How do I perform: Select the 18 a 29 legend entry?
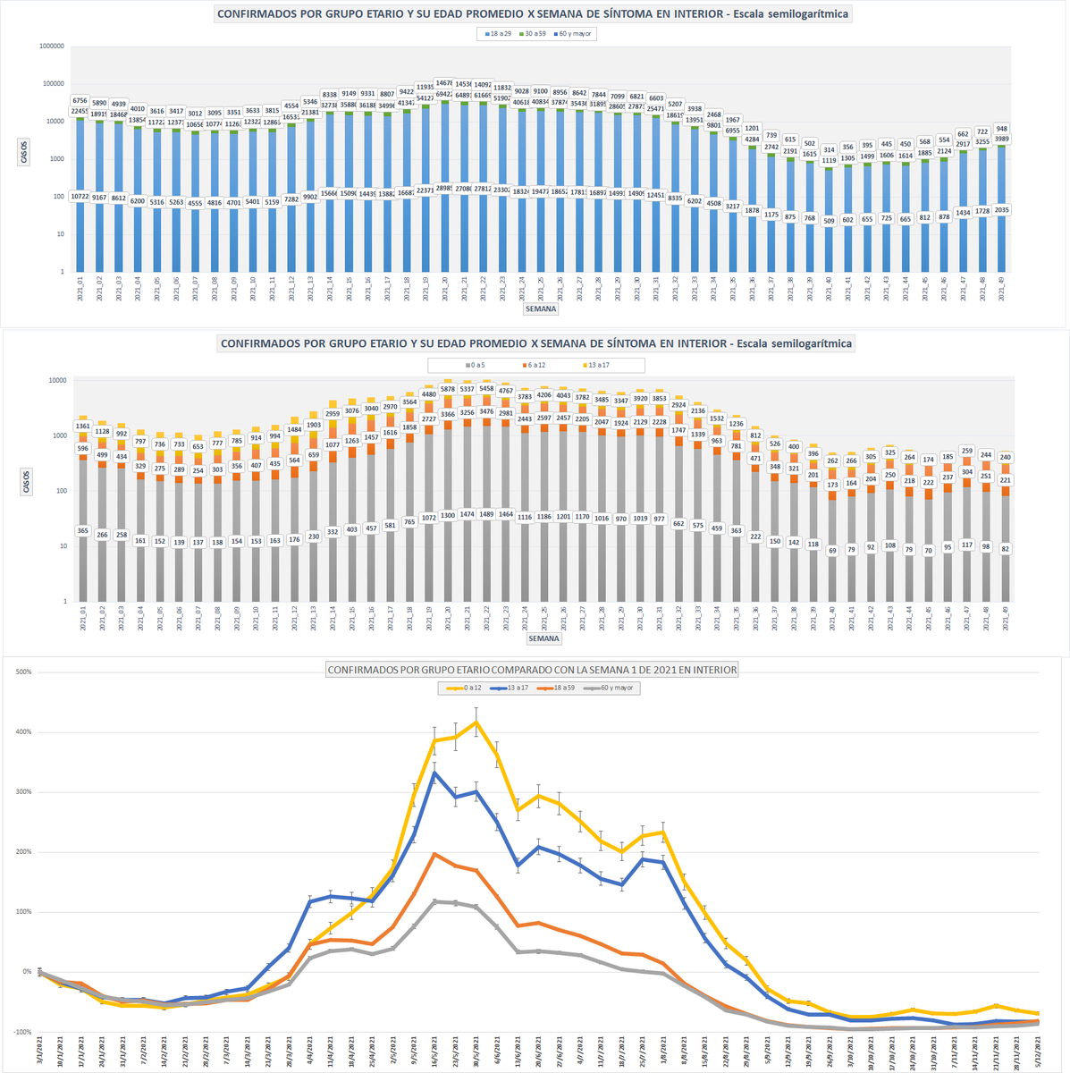point(497,34)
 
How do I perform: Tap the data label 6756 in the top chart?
point(79,101)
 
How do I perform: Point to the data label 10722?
point(80,197)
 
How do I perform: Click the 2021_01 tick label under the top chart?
point(80,291)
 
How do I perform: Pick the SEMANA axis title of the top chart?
point(542,309)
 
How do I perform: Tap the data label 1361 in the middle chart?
point(82,427)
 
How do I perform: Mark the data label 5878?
point(448,389)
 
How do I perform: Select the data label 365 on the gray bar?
point(82,531)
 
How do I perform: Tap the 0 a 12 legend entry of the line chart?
point(465,689)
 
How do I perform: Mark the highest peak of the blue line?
point(435,773)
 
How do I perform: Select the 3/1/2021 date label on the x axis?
point(40,1051)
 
